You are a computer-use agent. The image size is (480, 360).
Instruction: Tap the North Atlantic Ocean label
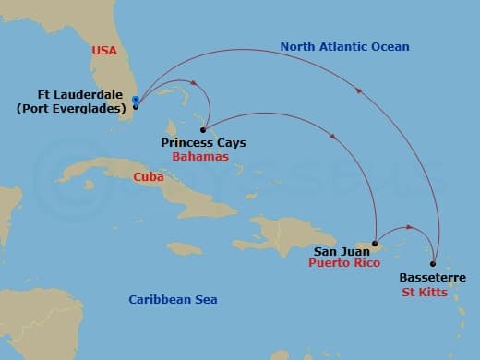point(344,46)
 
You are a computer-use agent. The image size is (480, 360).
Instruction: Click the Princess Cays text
point(203,143)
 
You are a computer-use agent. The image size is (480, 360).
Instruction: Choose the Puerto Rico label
point(344,262)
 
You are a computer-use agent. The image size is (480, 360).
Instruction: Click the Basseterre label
point(433,277)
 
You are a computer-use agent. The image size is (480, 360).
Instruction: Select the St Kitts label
point(426,292)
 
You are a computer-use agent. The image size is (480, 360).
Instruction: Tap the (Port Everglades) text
point(72,109)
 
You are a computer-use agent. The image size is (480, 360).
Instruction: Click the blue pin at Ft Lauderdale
point(136,101)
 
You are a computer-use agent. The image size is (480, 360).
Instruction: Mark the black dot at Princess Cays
point(202,130)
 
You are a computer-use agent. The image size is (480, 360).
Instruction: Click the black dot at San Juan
point(374,245)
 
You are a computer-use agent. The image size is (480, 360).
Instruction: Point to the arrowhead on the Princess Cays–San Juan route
point(330,137)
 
